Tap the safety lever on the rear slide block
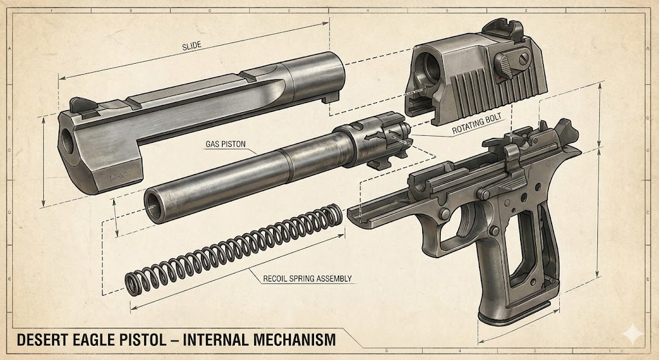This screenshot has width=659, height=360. pos(505,61)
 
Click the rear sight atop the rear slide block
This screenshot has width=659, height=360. pos(495,27)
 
